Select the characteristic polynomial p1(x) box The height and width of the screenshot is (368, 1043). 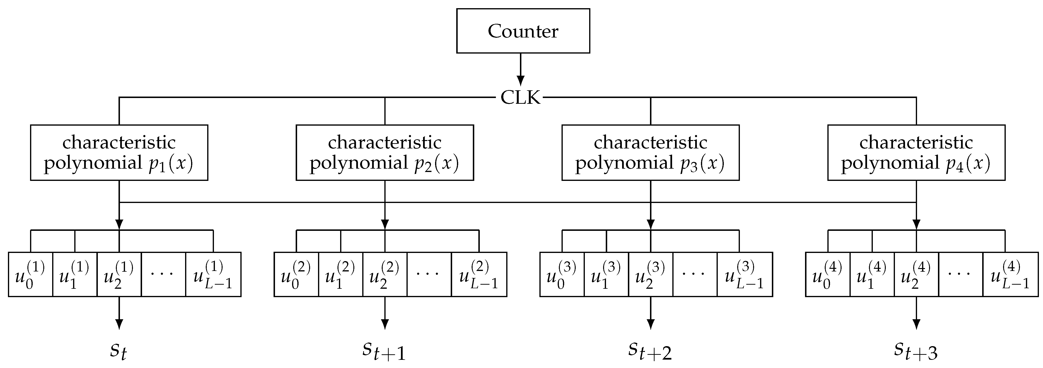click(119, 153)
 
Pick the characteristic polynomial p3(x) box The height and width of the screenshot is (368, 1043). click(650, 153)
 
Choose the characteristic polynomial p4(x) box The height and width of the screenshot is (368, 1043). click(916, 153)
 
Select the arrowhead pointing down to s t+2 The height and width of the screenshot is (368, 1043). click(650, 324)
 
